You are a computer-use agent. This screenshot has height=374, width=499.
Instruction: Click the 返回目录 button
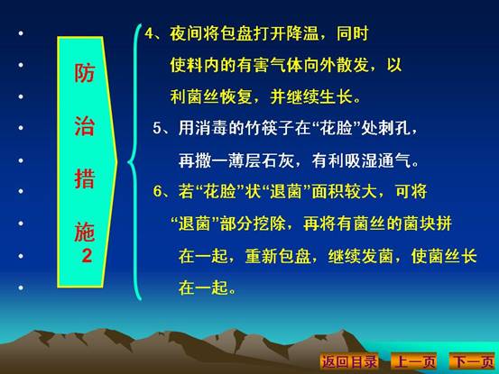pos(349,361)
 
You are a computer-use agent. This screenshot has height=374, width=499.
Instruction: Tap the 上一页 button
pos(414,361)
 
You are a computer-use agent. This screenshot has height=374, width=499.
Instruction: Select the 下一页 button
pos(473,361)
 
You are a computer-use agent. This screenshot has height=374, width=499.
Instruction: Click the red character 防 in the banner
pos(85,73)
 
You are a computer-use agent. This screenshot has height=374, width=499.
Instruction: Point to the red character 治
pos(85,126)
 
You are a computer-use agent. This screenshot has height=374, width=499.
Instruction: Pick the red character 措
pos(85,178)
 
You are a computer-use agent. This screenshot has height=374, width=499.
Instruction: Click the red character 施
pos(85,232)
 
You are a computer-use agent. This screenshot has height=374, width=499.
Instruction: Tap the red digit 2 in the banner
pos(87,255)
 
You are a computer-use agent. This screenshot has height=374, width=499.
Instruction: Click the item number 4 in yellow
pos(149,33)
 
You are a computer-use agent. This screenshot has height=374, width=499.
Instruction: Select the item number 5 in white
pos(157,128)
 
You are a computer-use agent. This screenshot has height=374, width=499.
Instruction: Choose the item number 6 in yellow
pos(157,191)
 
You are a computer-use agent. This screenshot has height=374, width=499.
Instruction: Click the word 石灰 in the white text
pos(278,160)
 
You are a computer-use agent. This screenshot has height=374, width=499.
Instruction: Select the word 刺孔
pos(394,128)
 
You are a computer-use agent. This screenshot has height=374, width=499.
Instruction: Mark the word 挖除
pos(270,223)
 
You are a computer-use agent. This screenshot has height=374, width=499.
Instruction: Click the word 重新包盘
pos(278,256)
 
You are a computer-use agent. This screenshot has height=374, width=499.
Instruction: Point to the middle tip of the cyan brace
pos(128,163)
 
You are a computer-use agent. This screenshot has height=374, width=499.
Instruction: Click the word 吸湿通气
pos(378,160)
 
